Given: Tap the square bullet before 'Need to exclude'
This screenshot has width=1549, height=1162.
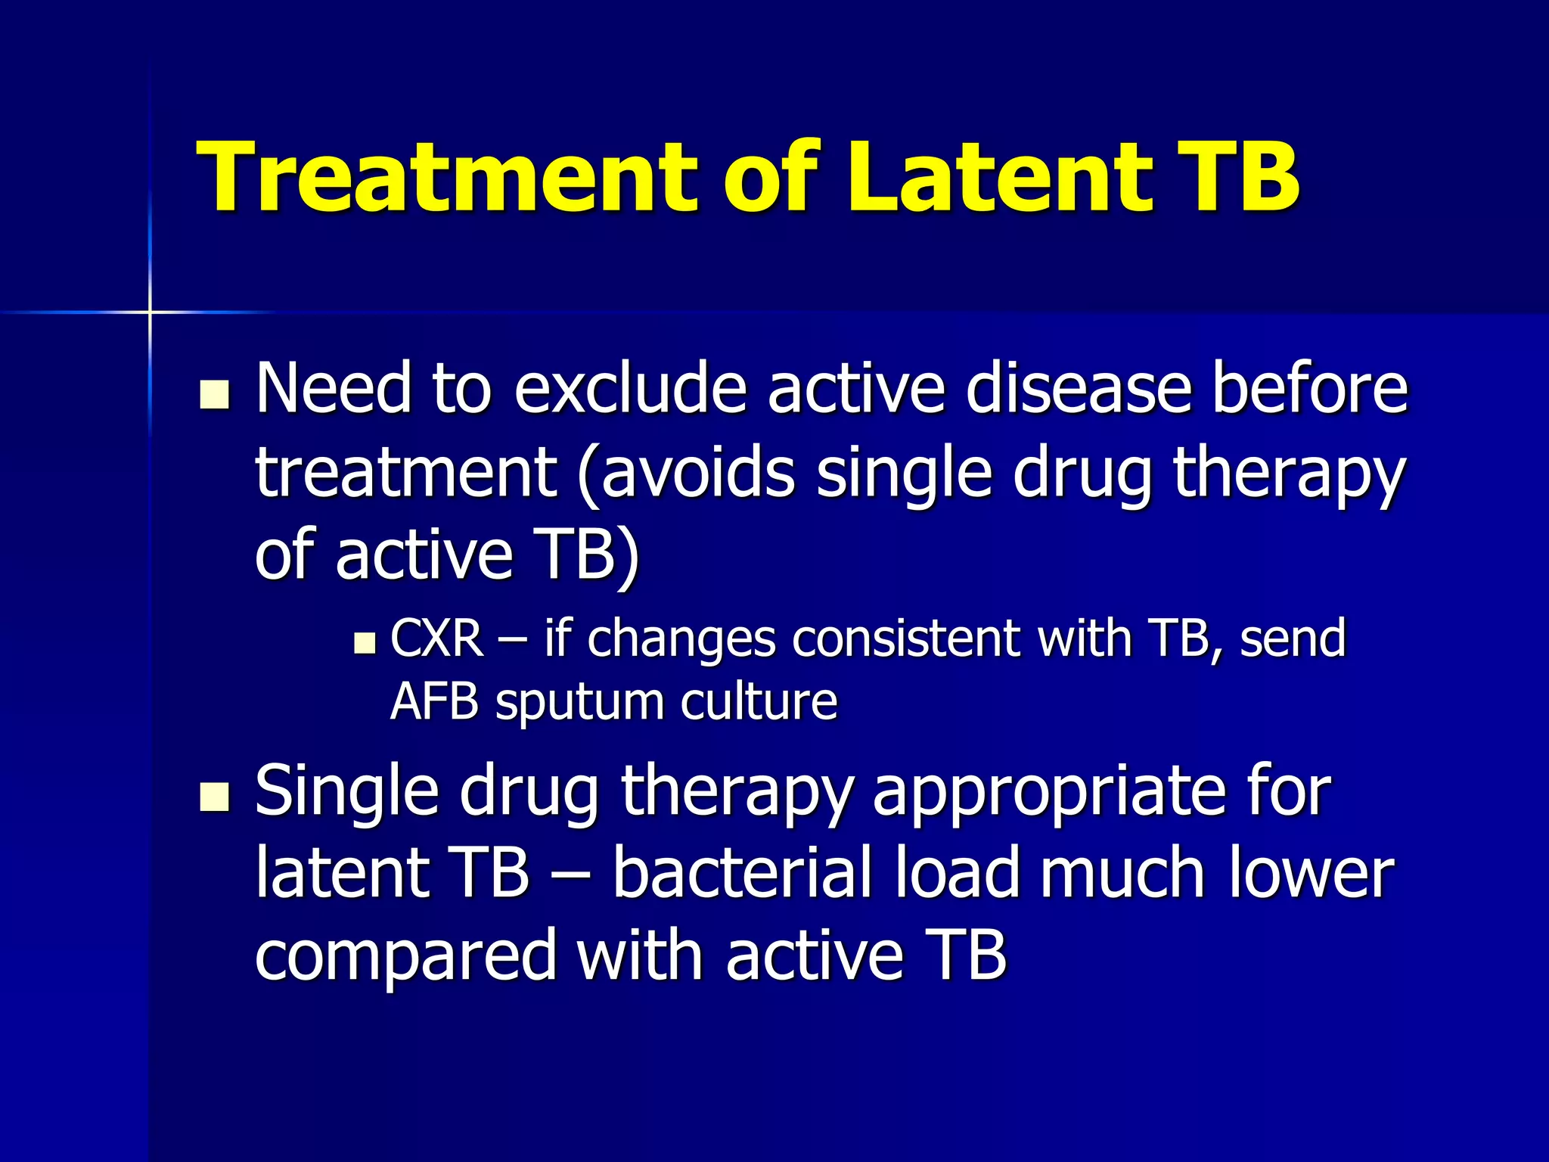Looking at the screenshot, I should pyautogui.click(x=215, y=395).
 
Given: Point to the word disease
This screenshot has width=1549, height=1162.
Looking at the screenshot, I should pyautogui.click(x=1079, y=389).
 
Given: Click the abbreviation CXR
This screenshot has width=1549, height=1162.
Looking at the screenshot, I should pyautogui.click(x=437, y=638).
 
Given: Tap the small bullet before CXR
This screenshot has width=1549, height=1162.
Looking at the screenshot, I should pyautogui.click(x=365, y=643).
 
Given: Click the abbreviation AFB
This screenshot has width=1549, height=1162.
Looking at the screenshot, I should pyautogui.click(x=434, y=702).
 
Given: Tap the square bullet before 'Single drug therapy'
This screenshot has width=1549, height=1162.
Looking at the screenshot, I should pyautogui.click(x=215, y=797).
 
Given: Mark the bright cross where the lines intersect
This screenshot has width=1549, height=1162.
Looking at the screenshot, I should pyautogui.click(x=150, y=312).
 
